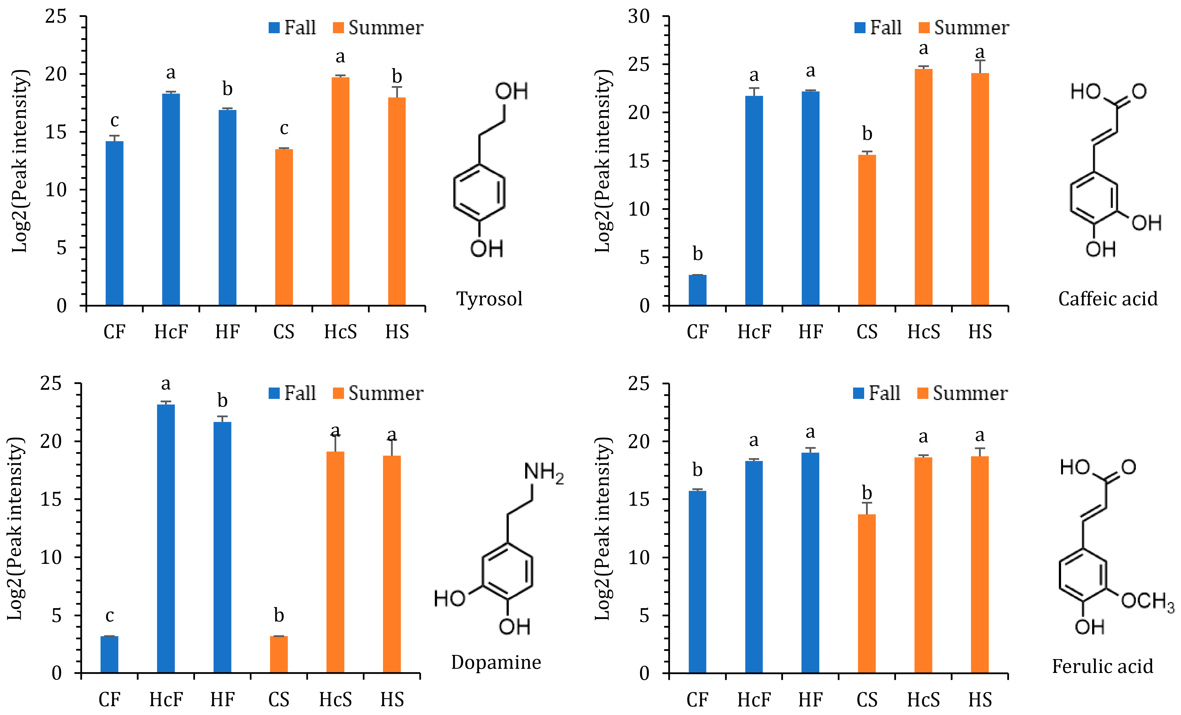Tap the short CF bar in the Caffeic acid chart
pyautogui.click(x=697, y=290)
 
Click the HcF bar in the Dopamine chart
pyautogui.click(x=166, y=539)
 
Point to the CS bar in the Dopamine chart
pyautogui.click(x=279, y=654)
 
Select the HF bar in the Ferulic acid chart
pyautogui.click(x=810, y=563)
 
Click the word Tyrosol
pyautogui.click(x=489, y=299)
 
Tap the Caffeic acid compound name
pyautogui.click(x=1108, y=299)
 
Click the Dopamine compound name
pyautogui.click(x=496, y=662)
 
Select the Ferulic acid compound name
pyautogui.click(x=1102, y=667)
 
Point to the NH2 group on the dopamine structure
pyautogui.click(x=543, y=473)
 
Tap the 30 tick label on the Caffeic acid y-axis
pyautogui.click(x=639, y=17)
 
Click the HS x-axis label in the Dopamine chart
pyautogui.click(x=392, y=700)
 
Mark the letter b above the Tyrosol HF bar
pyautogui.click(x=227, y=89)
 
